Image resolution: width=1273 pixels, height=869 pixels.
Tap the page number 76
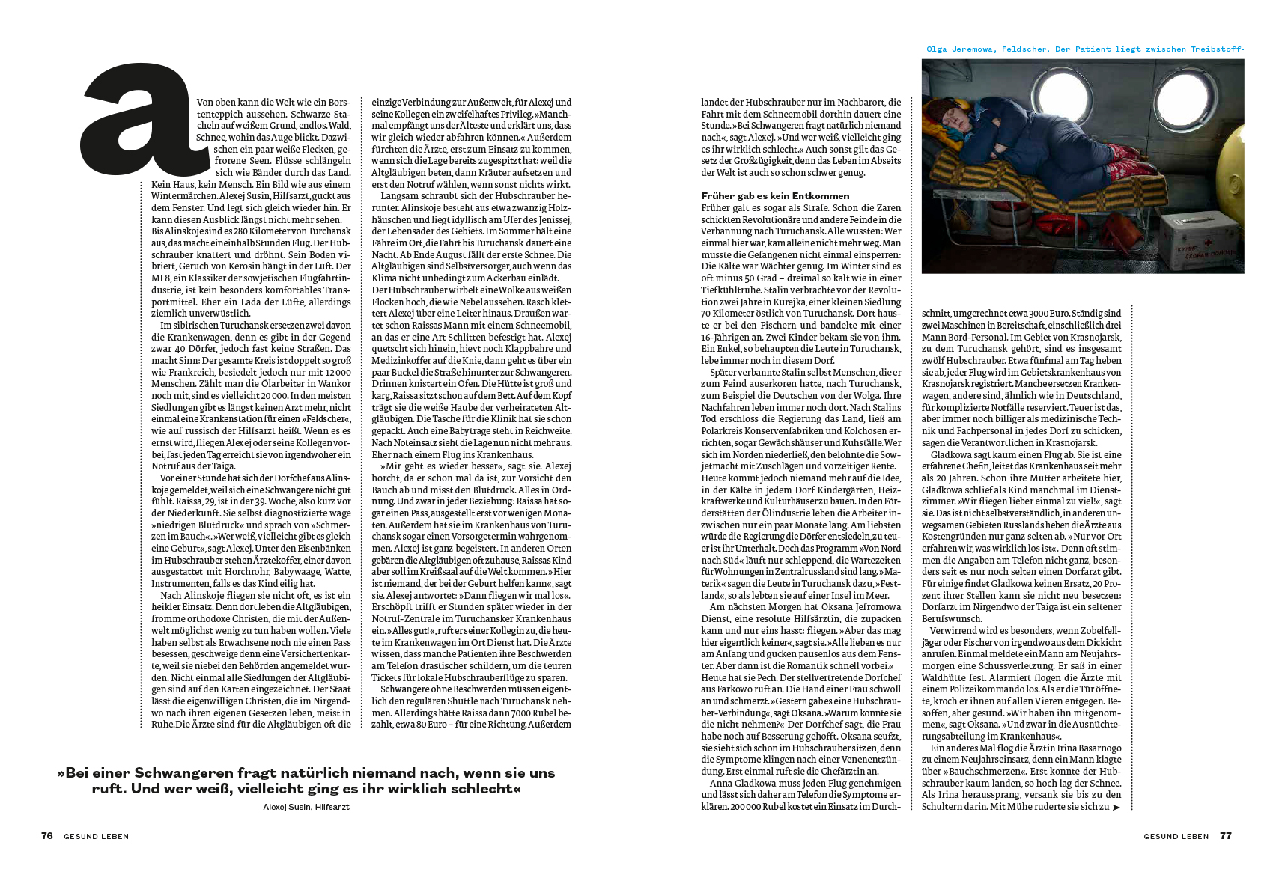(47, 836)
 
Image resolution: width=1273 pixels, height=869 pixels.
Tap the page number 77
(1226, 836)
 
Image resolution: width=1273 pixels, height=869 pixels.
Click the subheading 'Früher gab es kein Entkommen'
(775, 196)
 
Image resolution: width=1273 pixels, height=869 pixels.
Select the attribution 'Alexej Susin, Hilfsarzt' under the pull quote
(306, 807)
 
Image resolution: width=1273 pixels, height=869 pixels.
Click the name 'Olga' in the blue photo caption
(936, 49)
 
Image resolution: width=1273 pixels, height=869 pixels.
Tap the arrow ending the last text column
(1116, 808)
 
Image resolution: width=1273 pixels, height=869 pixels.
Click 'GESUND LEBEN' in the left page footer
(96, 837)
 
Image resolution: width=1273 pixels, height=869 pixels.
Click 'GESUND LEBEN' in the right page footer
(1176, 837)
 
